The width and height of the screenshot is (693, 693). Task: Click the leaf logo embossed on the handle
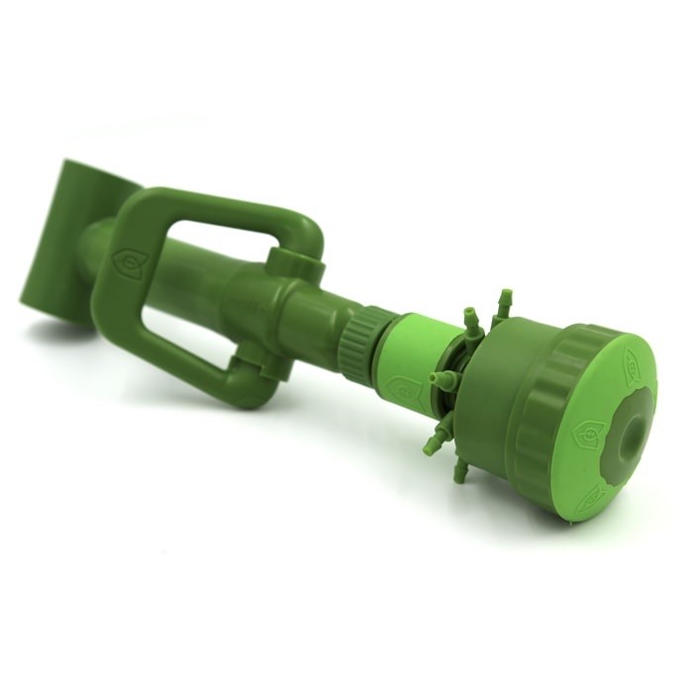tap(128, 262)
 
